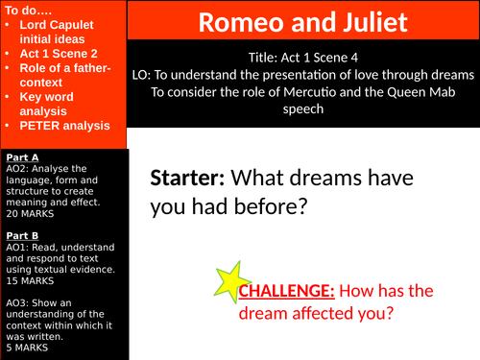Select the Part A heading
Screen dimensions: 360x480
coord(22,156)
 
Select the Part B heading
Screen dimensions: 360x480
coord(22,233)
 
